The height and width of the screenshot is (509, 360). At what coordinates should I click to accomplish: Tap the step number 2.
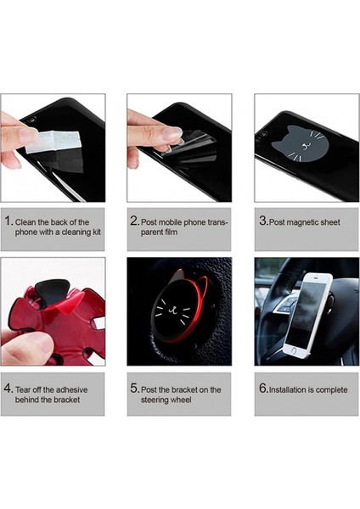click(134, 221)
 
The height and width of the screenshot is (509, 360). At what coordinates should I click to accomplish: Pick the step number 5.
click(134, 389)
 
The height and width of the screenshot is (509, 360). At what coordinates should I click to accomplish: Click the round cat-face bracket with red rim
click(179, 313)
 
